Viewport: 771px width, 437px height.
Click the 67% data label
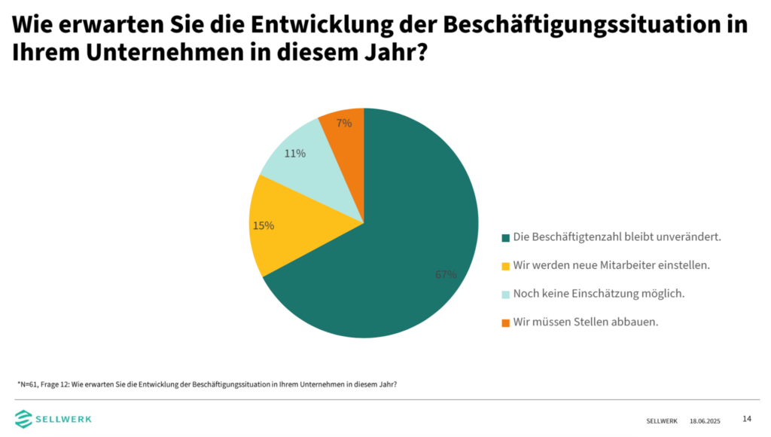(446, 275)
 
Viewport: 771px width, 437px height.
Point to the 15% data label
(264, 225)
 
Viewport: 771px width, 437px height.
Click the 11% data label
(295, 154)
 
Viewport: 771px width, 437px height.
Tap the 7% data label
(343, 123)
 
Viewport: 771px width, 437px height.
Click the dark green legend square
(505, 237)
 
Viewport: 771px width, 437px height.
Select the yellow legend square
(505, 266)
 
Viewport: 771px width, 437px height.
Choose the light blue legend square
(505, 295)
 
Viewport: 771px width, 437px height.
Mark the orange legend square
(505, 323)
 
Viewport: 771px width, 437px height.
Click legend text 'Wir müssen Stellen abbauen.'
(586, 322)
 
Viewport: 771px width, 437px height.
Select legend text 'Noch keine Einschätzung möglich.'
(599, 294)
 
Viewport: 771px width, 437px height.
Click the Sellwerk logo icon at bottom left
(25, 418)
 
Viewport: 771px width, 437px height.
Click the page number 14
(747, 419)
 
